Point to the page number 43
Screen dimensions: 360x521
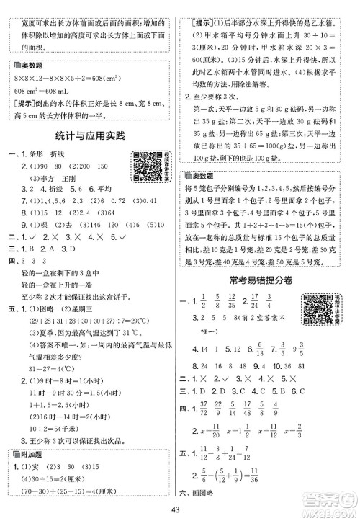[181, 512]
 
